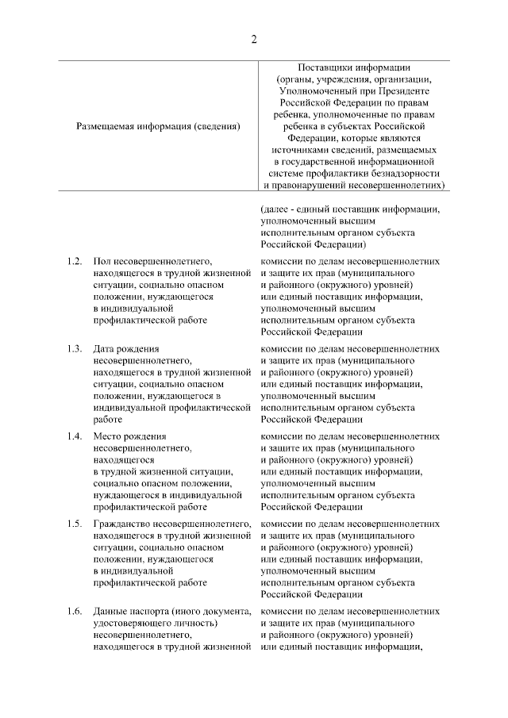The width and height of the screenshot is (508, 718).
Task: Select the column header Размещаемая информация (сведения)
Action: point(158,125)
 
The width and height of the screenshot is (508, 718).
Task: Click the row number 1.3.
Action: point(75,348)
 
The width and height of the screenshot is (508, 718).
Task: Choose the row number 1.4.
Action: point(75,436)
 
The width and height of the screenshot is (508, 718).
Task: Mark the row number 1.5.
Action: point(75,524)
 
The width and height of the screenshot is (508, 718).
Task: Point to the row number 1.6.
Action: point(75,612)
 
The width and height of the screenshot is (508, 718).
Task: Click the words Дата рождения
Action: point(125,348)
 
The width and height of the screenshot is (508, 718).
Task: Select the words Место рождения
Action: point(129,436)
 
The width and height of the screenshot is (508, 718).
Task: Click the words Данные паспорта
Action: point(132,612)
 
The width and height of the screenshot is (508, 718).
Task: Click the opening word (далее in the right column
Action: point(275,209)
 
